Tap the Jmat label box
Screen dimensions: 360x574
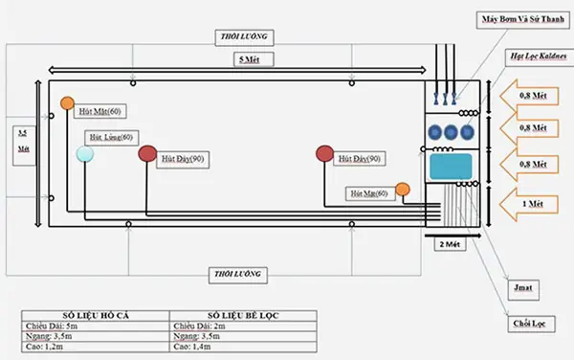tap(522, 286)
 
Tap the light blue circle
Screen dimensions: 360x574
tap(85, 154)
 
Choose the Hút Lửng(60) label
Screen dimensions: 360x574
tap(112, 137)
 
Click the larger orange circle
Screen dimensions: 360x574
tap(67, 103)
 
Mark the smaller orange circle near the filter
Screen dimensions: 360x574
tap(403, 189)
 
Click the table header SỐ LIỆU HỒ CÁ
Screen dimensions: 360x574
tap(95, 315)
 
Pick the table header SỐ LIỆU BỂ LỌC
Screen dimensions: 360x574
tap(239, 315)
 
